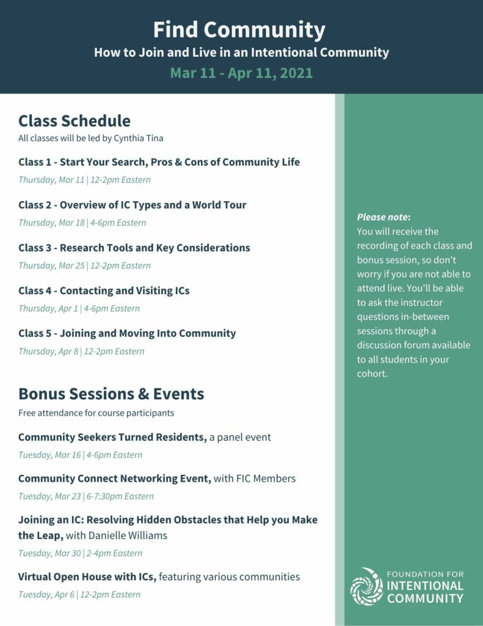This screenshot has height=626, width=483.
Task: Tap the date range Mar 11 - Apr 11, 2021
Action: click(x=241, y=73)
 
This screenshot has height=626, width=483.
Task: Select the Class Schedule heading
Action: click(x=74, y=120)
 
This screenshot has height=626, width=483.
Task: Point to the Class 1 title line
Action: click(x=159, y=162)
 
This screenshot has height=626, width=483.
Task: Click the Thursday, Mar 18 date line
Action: click(x=82, y=223)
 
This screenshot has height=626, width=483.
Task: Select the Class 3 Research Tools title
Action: click(x=134, y=248)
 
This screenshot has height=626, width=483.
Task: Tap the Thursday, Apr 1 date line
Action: click(x=79, y=308)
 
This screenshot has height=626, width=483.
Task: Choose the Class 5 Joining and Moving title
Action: click(x=127, y=333)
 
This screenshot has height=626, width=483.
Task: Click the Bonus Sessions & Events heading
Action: click(x=111, y=393)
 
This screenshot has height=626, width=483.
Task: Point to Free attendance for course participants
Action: click(x=96, y=413)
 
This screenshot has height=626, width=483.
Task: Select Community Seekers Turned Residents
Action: click(x=112, y=437)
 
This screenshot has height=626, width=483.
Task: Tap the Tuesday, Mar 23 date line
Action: click(x=86, y=496)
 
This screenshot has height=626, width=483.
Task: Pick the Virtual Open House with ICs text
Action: click(x=87, y=576)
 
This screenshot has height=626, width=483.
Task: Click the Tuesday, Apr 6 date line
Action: click(x=79, y=594)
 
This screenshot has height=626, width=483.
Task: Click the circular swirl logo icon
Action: click(x=366, y=587)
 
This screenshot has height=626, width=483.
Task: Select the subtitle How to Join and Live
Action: click(x=241, y=53)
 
